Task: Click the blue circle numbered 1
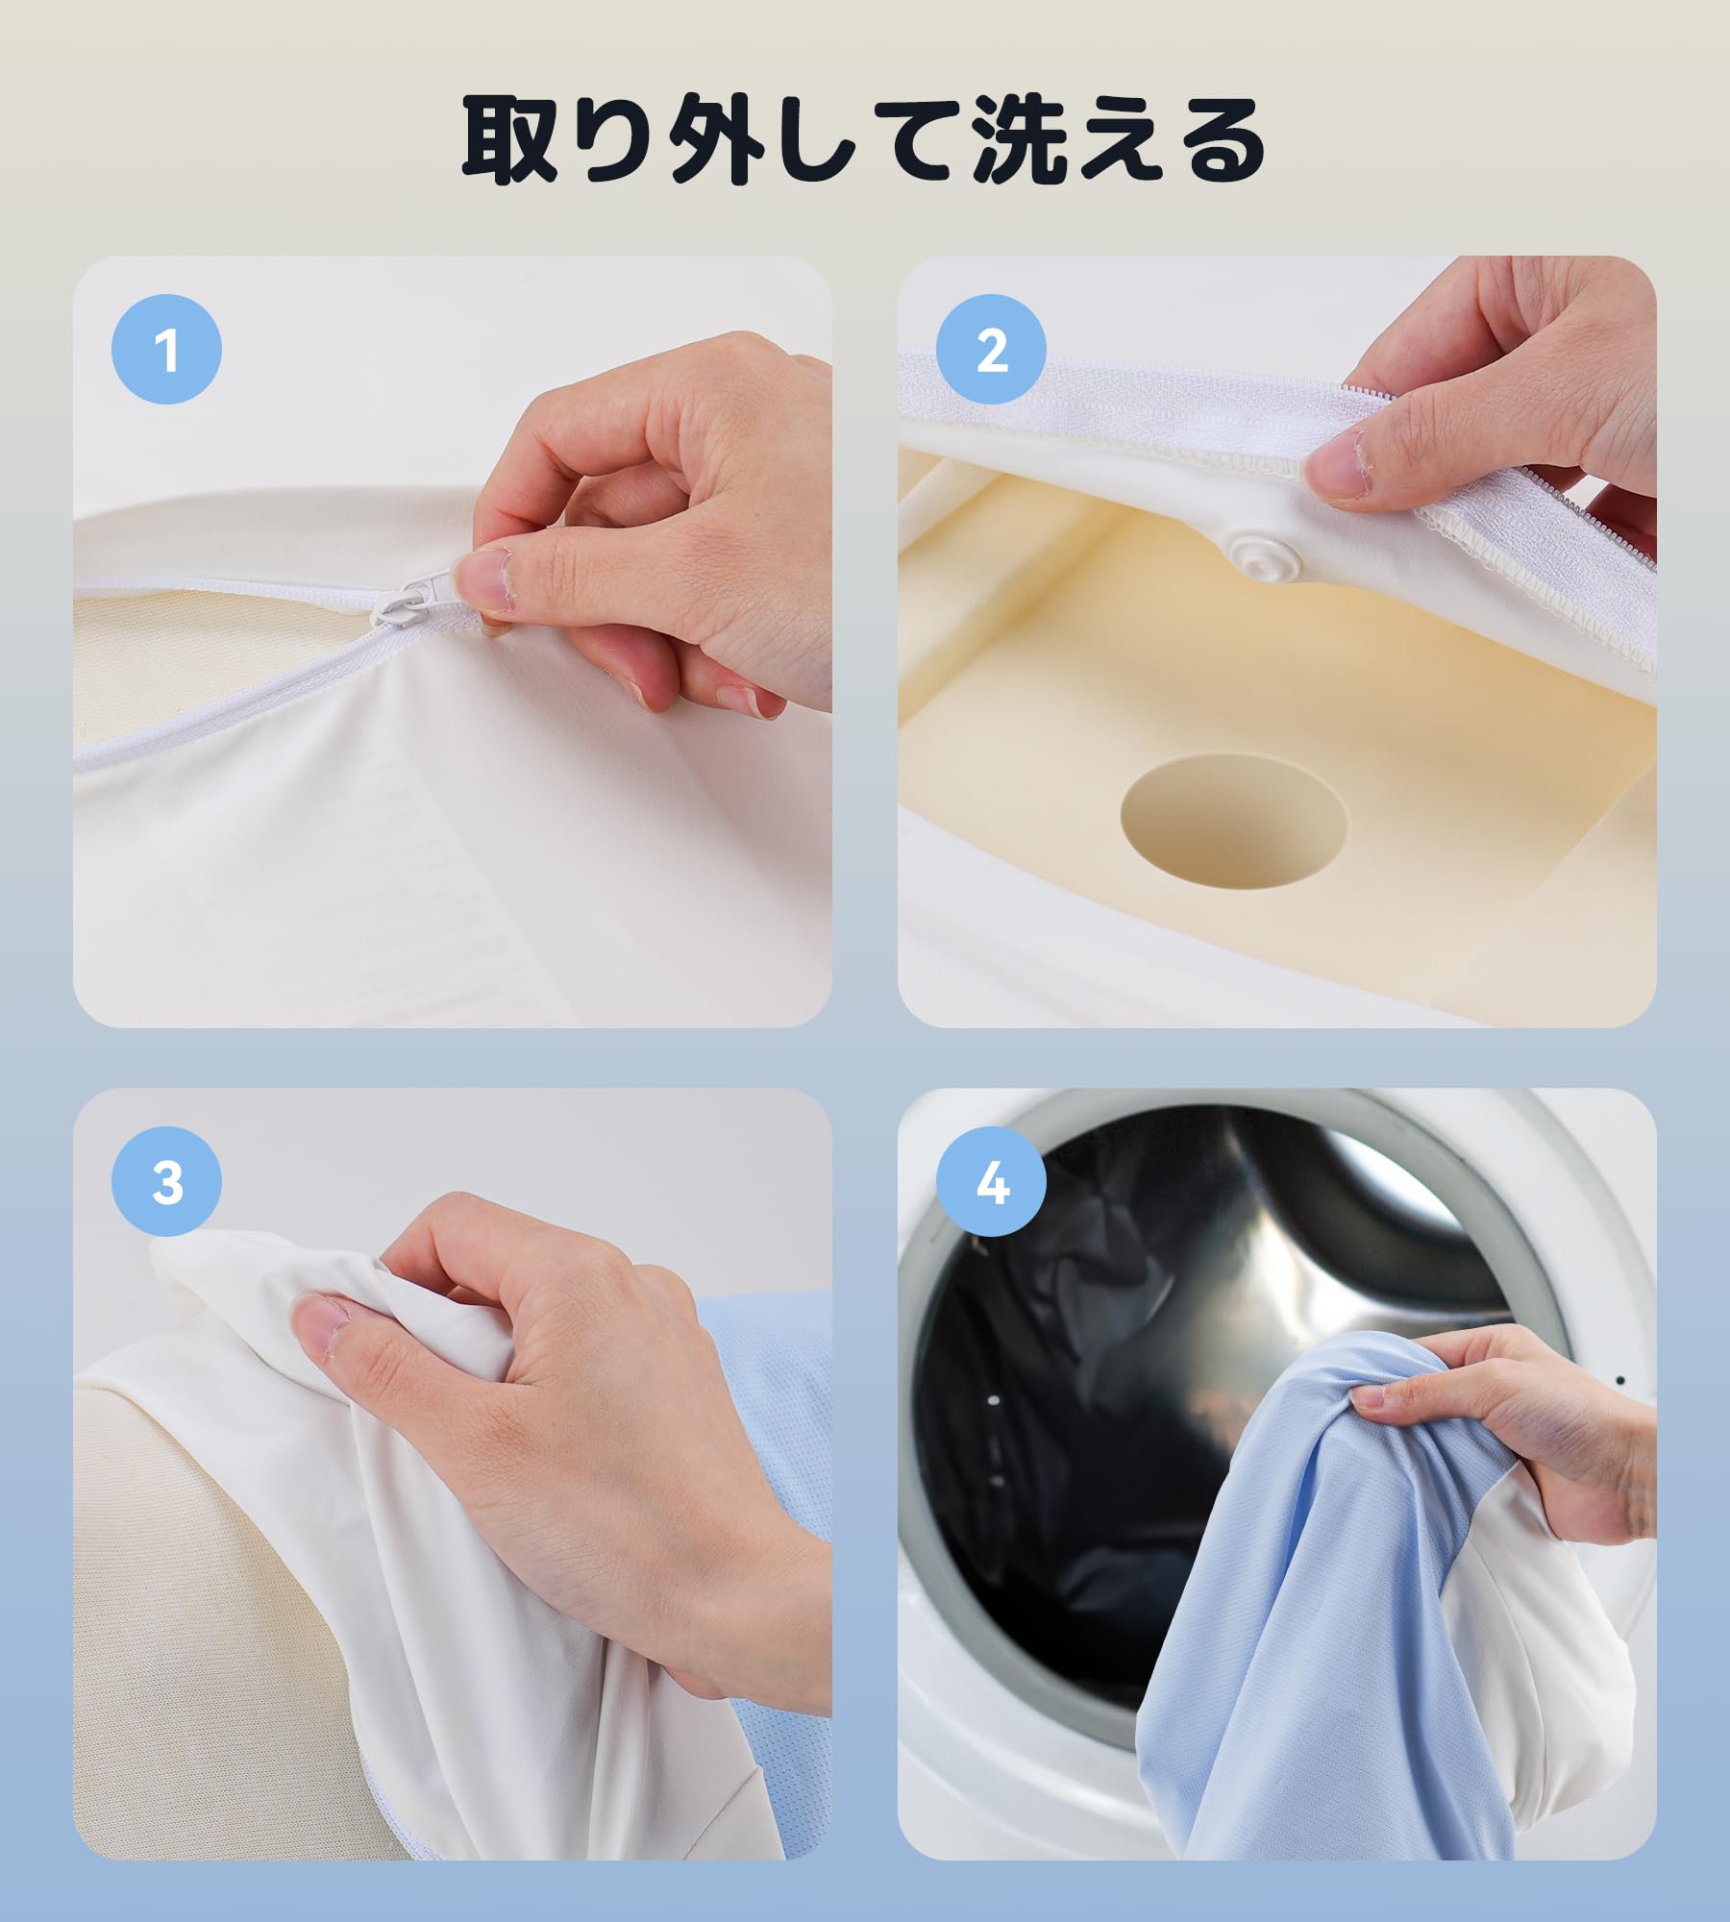pyautogui.click(x=166, y=349)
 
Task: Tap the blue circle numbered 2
pyautogui.click(x=991, y=349)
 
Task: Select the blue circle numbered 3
pyautogui.click(x=166, y=1181)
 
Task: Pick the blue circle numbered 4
pyautogui.click(x=991, y=1181)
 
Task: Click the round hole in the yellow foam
pyautogui.click(x=1233, y=820)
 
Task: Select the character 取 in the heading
pyautogui.click(x=509, y=140)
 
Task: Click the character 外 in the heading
pyautogui.click(x=718, y=140)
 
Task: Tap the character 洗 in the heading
pyautogui.click(x=1020, y=140)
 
